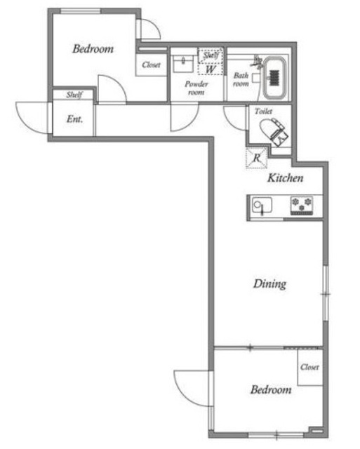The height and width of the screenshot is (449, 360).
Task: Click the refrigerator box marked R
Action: pyautogui.click(x=257, y=158)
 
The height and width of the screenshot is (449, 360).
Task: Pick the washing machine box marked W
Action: pyautogui.click(x=209, y=69)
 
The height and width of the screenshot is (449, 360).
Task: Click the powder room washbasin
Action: pyautogui.click(x=184, y=62)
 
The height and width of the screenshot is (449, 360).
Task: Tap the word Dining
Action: pyautogui.click(x=270, y=283)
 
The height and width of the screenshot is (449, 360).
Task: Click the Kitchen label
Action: pyautogui.click(x=286, y=178)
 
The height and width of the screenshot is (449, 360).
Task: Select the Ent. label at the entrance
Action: pyautogui.click(x=74, y=119)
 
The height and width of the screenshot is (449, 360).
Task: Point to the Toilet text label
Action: pyautogui.click(x=264, y=112)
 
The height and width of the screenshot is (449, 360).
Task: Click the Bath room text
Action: pyautogui.click(x=241, y=79)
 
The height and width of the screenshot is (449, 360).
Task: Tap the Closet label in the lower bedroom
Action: pyautogui.click(x=309, y=367)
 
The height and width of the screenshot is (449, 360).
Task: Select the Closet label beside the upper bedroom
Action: pyautogui.click(x=151, y=65)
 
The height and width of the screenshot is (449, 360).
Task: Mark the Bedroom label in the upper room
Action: pyautogui.click(x=93, y=49)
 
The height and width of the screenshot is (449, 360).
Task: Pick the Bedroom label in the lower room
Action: pyautogui.click(x=270, y=390)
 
